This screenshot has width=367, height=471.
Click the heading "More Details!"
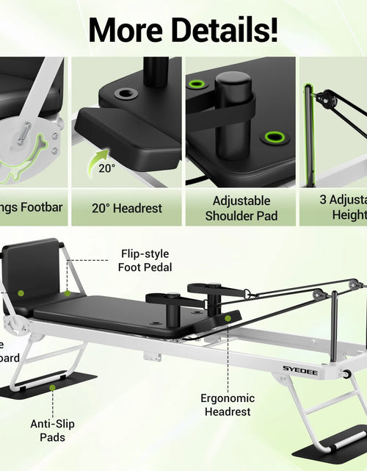pyautogui.click(x=183, y=29)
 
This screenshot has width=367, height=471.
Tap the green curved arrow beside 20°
pyautogui.click(x=99, y=159)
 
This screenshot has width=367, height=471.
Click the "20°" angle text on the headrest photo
pyautogui.click(x=107, y=168)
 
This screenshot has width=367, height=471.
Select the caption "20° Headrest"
pyautogui.click(x=128, y=208)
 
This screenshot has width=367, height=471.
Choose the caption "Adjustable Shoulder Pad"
pyautogui.click(x=241, y=208)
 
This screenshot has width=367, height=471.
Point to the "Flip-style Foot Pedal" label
pyautogui.click(x=145, y=261)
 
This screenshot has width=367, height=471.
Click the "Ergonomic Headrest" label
pyautogui.click(x=228, y=405)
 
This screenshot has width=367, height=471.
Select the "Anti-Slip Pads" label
pyautogui.click(x=53, y=431)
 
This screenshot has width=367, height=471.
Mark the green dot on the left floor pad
pyautogui.click(x=52, y=385)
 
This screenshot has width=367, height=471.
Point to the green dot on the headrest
pyautogui.click(x=228, y=318)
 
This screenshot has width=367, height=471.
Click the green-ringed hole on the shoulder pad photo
pyautogui.click(x=275, y=136)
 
